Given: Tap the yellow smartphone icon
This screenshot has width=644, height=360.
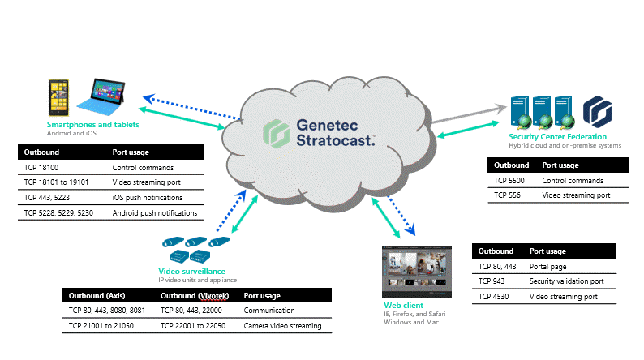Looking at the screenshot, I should click(58, 95).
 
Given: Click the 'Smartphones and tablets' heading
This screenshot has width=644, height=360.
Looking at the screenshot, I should click(92, 125).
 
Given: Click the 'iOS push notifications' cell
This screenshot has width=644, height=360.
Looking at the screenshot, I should click(147, 198).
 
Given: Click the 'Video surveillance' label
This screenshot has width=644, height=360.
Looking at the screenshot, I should click(191, 271).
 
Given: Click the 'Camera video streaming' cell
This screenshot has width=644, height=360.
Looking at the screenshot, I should click(282, 326).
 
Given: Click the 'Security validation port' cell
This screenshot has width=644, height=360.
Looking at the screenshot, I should click(566, 281).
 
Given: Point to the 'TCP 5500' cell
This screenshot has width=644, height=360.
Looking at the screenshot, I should click(509, 181).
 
